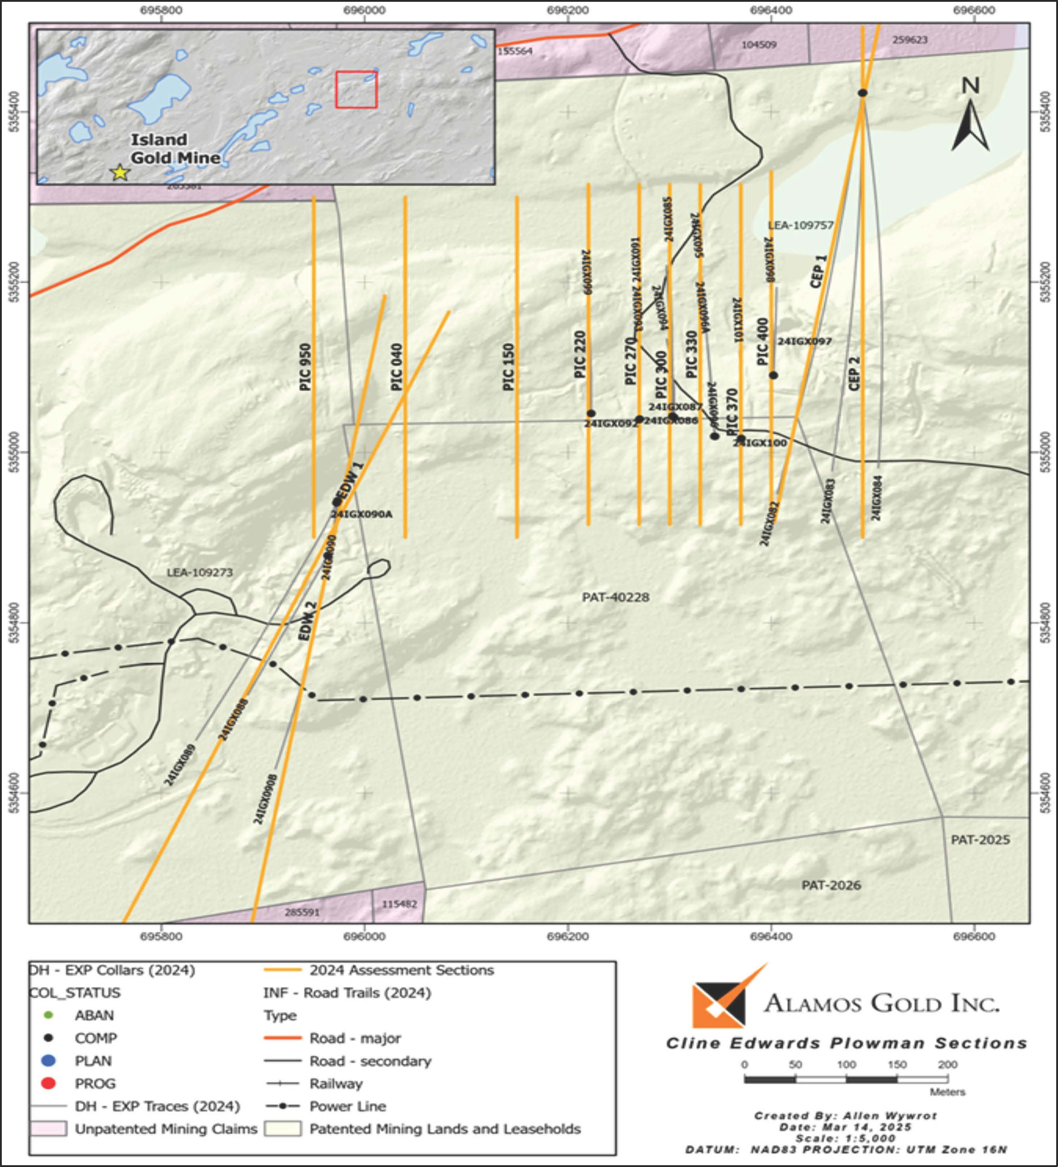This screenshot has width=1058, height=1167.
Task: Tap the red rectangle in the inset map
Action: [356, 90]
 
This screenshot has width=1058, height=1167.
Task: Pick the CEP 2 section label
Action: [854, 373]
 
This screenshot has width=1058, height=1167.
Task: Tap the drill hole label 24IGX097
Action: [805, 342]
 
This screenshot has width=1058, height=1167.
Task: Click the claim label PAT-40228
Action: [615, 597]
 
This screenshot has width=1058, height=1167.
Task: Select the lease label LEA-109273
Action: [200, 573]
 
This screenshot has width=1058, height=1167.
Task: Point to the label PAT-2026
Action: [831, 885]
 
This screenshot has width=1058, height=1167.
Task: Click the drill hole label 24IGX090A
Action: [361, 514]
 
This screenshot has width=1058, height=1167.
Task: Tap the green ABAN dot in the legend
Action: [49, 1015]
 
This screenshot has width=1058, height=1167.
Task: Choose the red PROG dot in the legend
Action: [49, 1083]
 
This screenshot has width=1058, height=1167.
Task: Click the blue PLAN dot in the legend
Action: [49, 1060]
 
